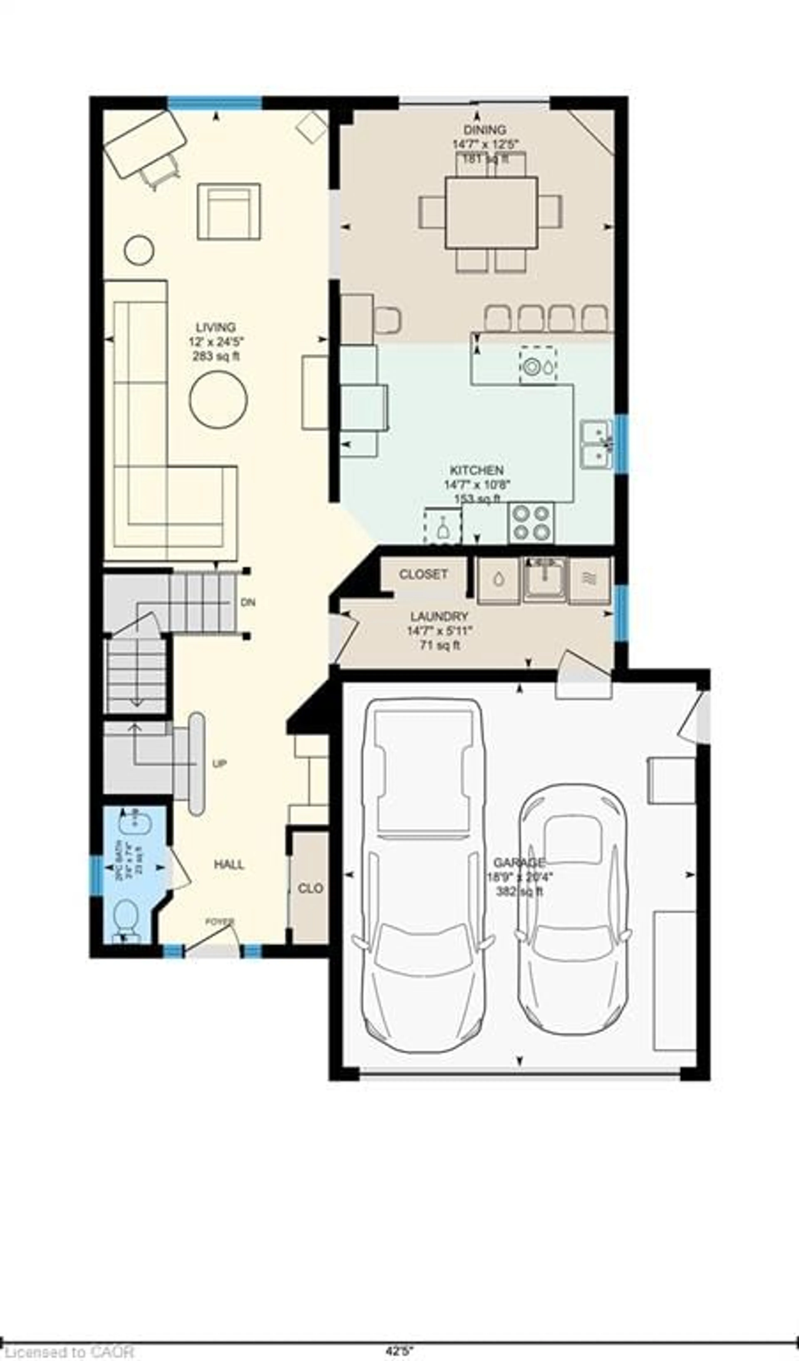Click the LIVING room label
coord(215,327)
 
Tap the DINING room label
coord(485,130)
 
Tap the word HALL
coord(229,865)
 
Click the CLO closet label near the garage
coord(310,889)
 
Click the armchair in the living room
coord(228,212)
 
